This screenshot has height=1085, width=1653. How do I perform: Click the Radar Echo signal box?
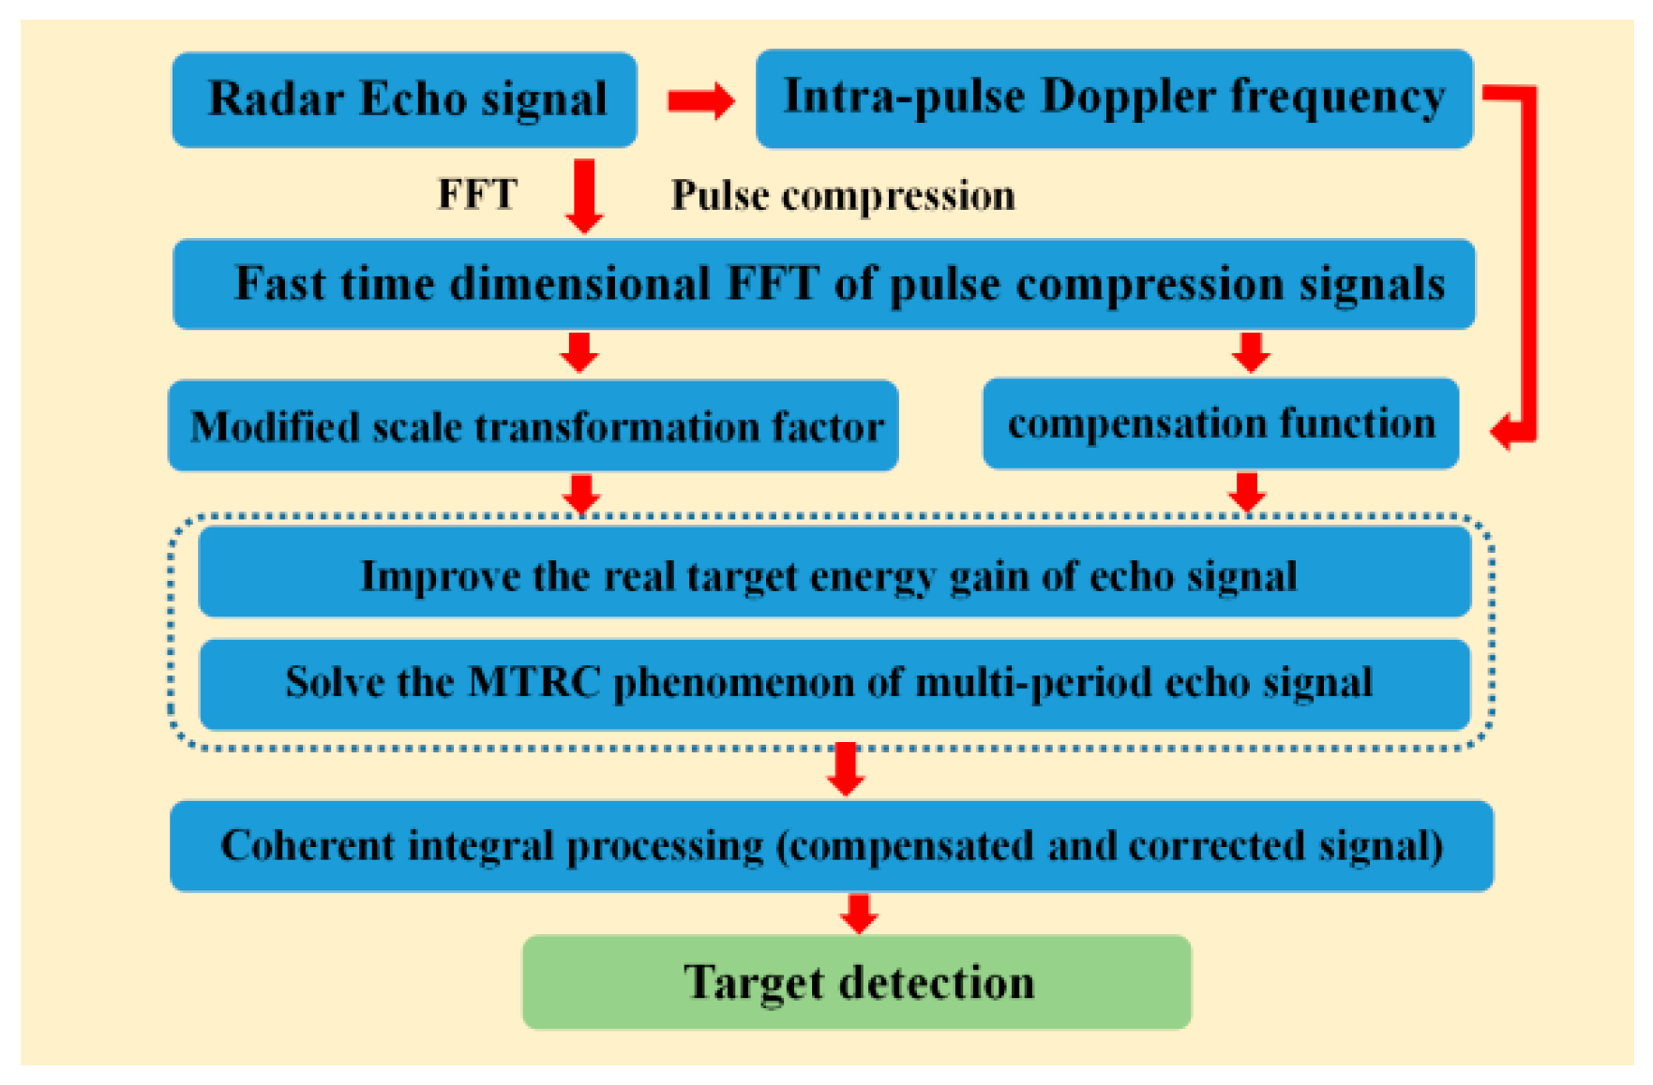404,99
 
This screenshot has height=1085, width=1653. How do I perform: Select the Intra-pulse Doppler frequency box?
1114,98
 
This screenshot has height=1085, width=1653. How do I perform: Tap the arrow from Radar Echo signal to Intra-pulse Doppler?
700,100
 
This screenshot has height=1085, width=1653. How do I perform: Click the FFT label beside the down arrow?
477,195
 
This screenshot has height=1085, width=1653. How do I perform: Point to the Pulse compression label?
842,196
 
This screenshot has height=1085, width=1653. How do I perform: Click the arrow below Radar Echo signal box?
584,195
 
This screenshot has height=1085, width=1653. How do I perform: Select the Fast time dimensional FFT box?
823,284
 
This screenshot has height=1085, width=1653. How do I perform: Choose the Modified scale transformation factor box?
533,425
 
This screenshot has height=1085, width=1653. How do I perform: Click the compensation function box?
1220,424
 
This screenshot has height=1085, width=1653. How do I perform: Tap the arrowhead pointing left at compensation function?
1504,432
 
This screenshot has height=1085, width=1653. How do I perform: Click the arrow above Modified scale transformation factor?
579,352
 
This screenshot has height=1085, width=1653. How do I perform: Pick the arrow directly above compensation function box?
1251,352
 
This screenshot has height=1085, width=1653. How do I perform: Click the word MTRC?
534,682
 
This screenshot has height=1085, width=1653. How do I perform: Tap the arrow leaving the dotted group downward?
846,768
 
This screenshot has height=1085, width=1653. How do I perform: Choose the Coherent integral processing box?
831,845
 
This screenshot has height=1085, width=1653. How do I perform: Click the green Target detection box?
856,981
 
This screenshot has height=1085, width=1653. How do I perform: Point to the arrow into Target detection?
859,913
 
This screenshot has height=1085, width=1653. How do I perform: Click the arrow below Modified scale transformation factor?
581,493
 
